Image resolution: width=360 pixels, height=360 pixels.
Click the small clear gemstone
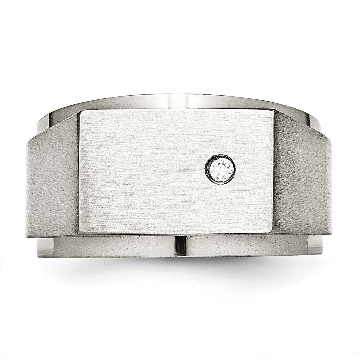click(220, 170)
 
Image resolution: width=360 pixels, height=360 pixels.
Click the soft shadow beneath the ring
click(180, 268)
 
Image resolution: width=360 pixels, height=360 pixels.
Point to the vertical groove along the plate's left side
click(78, 173)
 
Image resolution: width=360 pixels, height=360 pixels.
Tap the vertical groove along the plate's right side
click(274, 173)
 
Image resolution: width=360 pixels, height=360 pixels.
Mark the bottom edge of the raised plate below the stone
click(220, 233)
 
